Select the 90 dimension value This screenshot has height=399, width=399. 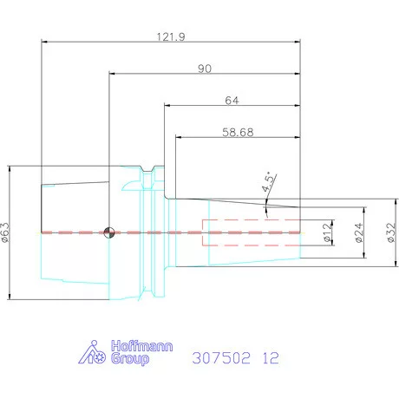205,68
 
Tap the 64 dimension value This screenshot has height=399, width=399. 232,100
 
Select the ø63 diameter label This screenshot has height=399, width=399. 6,231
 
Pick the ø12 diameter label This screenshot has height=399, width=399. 326,233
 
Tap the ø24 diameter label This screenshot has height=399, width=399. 359,232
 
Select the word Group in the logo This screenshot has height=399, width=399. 128,359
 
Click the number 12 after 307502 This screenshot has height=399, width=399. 273,356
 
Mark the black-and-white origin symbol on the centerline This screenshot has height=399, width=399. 109,232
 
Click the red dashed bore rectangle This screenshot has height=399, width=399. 252,232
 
